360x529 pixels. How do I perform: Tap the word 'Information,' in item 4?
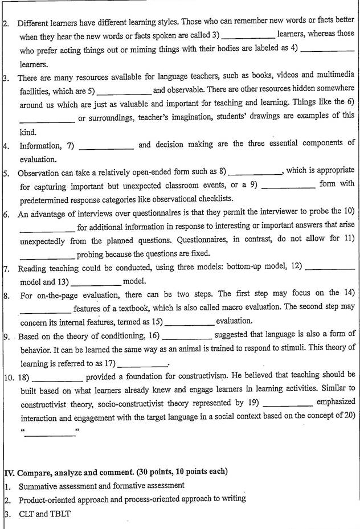(40, 146)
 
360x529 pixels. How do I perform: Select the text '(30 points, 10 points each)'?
(180, 472)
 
